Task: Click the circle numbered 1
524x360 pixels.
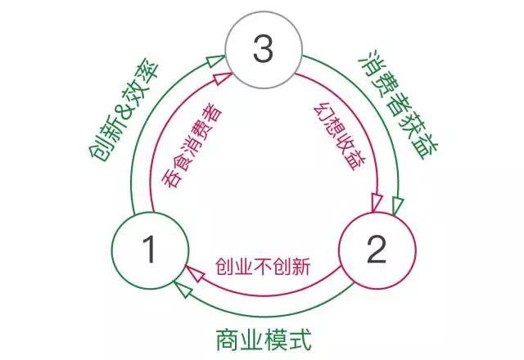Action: pos(150,250)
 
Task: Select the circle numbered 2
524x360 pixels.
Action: pos(375,250)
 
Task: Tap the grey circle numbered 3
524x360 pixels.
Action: pos(262,52)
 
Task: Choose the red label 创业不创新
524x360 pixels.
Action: pos(263,267)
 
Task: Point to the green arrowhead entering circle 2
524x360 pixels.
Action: pos(397,205)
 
